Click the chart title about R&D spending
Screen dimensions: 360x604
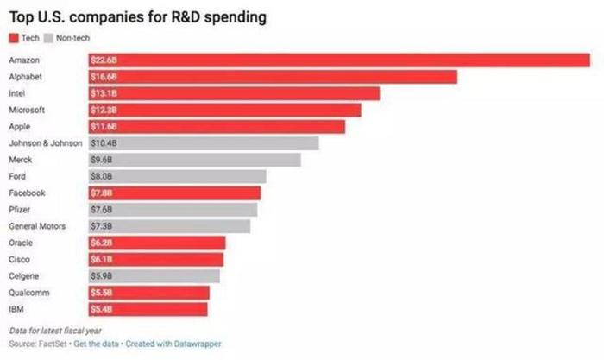point(137,17)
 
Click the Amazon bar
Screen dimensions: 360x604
point(338,60)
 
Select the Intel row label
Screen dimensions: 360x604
point(18,93)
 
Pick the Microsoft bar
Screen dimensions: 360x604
point(224,110)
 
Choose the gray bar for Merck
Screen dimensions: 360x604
point(194,160)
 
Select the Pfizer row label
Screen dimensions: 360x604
point(20,210)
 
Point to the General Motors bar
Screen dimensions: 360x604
point(169,226)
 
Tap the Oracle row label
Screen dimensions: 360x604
point(21,243)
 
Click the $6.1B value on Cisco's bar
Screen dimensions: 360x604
point(102,259)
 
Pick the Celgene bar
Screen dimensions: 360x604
point(154,276)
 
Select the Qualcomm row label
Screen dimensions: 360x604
point(27,293)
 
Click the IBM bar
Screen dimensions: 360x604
point(148,309)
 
